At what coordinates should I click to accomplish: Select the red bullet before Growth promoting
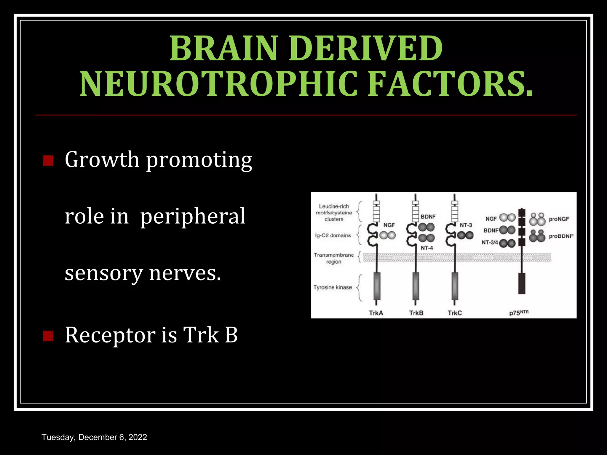click(x=48, y=161)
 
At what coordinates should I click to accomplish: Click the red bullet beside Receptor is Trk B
click(x=48, y=336)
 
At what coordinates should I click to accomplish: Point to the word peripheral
click(x=193, y=217)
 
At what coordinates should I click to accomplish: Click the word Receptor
click(x=110, y=335)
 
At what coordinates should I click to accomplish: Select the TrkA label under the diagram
click(x=376, y=313)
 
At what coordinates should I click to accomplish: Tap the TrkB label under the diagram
click(x=416, y=313)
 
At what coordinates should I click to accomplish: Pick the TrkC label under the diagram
click(x=455, y=313)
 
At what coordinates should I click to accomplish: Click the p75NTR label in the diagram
click(x=519, y=313)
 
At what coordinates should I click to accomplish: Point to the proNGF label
click(x=559, y=219)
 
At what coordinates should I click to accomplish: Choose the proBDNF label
click(x=561, y=236)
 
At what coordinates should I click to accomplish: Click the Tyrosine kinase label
click(x=333, y=287)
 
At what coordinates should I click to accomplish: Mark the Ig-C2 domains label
click(x=333, y=235)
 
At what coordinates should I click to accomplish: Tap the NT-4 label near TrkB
click(x=427, y=248)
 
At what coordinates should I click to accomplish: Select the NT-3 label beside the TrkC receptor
click(x=466, y=225)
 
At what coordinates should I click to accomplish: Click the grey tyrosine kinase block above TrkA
click(x=376, y=286)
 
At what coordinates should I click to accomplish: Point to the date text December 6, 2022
click(x=113, y=437)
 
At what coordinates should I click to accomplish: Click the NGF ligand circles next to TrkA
click(x=387, y=235)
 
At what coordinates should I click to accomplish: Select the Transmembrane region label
click(x=334, y=258)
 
